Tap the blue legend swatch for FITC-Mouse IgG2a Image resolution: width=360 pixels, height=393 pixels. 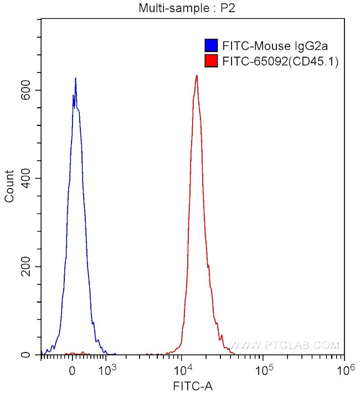[x=210, y=45]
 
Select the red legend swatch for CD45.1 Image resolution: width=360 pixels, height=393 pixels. [x=210, y=61]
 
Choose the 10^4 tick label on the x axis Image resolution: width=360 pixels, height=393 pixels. [x=183, y=369]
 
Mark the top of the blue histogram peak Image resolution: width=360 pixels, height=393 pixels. [x=75, y=78]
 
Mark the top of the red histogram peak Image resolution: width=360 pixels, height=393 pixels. [x=197, y=75]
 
